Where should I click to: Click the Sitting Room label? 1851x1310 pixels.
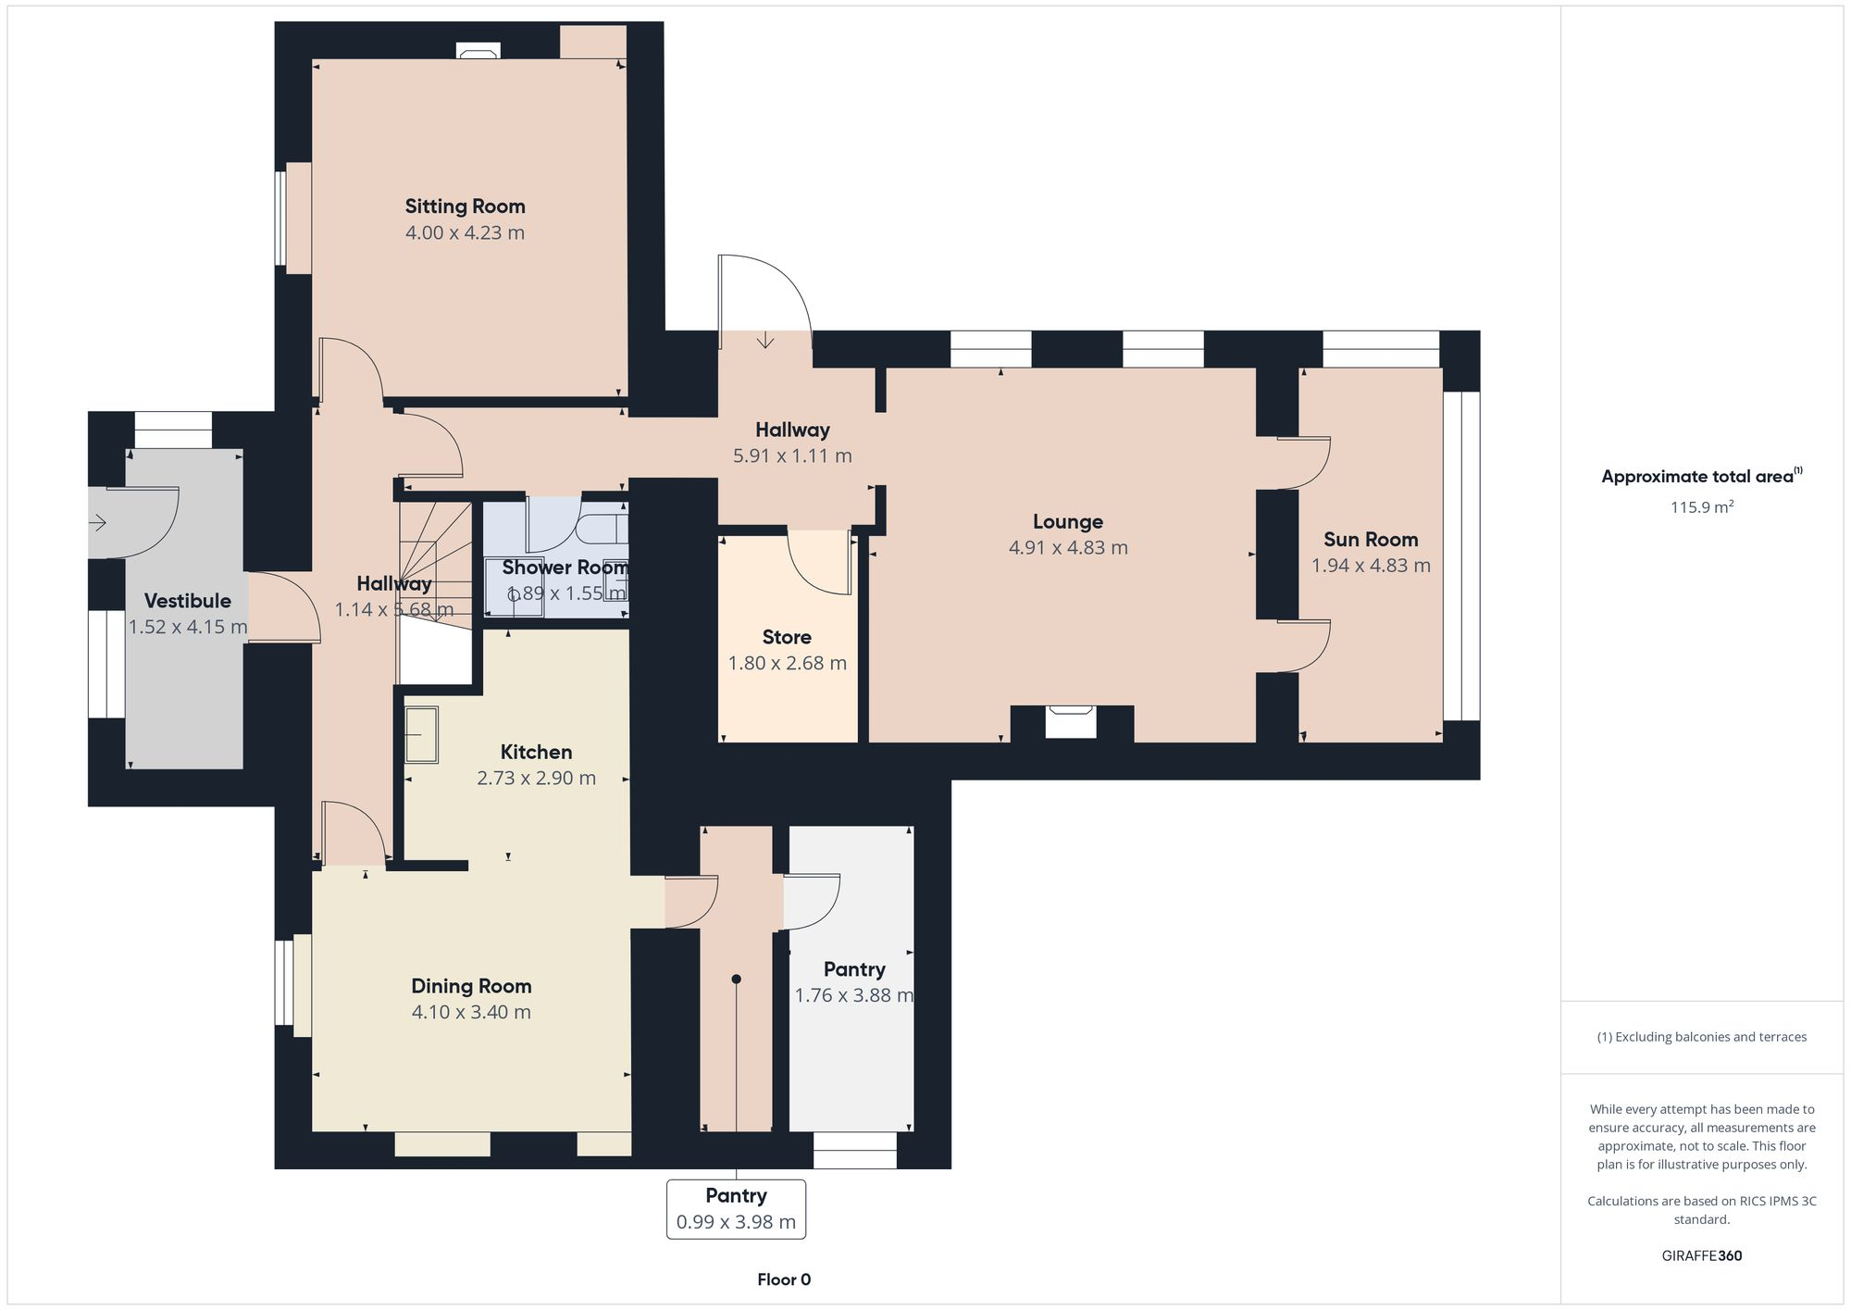[x=465, y=206]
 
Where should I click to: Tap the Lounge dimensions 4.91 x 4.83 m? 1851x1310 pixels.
[x=1068, y=548]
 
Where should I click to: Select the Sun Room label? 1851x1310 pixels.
[x=1371, y=540]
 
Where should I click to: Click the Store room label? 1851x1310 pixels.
[x=787, y=637]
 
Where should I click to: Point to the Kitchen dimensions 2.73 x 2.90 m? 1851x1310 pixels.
[x=536, y=779]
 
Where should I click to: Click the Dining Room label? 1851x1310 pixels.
[x=471, y=986]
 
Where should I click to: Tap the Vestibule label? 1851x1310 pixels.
[x=187, y=601]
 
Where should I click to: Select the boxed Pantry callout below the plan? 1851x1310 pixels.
[x=736, y=1208]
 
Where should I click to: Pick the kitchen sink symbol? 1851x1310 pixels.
[x=421, y=735]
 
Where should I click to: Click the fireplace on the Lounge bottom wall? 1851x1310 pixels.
[x=1071, y=720]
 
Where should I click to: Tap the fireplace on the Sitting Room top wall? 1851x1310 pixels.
[x=478, y=52]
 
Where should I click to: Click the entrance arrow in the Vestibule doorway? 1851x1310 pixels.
[x=98, y=523]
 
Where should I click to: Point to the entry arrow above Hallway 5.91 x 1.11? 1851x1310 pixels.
[x=765, y=340]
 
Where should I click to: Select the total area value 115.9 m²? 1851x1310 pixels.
[x=1701, y=507]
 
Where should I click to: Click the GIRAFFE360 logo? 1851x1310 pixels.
[x=1701, y=1256]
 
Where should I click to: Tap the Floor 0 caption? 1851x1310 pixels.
[x=784, y=1279]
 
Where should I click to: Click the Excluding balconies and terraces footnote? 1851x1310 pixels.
[x=1701, y=1037]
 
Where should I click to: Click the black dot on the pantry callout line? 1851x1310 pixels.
[x=736, y=979]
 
